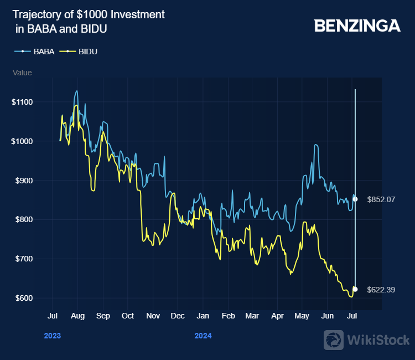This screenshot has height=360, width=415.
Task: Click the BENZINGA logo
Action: tap(357, 25)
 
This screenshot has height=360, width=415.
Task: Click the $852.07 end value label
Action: tap(381, 199)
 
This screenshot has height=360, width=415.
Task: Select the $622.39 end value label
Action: tap(381, 290)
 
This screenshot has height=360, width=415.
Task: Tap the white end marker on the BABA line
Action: tap(355, 199)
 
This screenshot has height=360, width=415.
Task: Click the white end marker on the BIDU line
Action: tap(355, 289)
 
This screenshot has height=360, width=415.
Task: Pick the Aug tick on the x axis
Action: tap(77, 316)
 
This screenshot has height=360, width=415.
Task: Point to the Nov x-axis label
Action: tap(153, 316)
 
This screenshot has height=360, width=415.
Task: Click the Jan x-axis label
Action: tap(203, 316)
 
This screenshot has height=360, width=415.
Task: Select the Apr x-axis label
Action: tap(277, 316)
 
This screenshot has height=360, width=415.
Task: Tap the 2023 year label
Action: tap(52, 336)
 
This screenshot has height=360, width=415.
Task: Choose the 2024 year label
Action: tap(203, 336)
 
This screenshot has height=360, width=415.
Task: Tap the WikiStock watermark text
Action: tap(377, 339)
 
